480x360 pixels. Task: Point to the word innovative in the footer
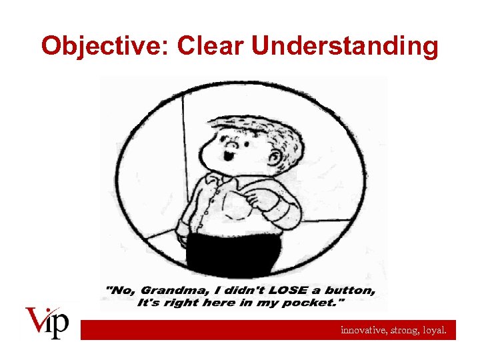(x=363, y=329)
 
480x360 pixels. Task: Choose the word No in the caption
(x=118, y=291)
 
